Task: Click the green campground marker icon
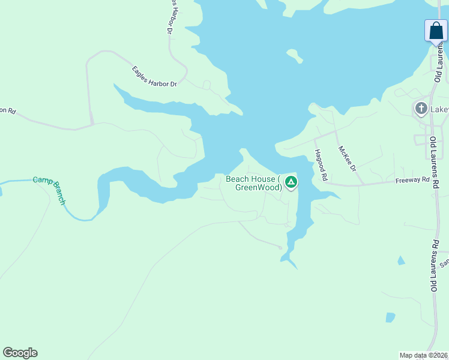click(x=291, y=182)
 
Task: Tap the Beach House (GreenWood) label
click(x=254, y=183)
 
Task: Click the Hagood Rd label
click(x=319, y=166)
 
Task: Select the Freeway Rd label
click(x=413, y=179)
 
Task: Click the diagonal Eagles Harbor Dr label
click(x=155, y=77)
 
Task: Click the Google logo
click(x=20, y=353)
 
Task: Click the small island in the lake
click(x=294, y=56)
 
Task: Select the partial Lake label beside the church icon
click(x=440, y=109)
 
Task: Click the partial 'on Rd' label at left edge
click(x=7, y=110)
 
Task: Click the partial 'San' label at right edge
click(x=444, y=263)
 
